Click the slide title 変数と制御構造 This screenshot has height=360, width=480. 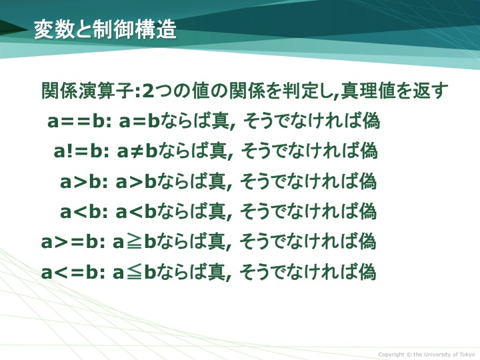pos(105,30)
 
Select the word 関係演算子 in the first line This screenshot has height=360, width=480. pos(87,91)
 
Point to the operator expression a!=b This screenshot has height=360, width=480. pos(78,151)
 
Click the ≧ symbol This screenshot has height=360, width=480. pos(134,242)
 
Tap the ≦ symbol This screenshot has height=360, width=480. pos(134,272)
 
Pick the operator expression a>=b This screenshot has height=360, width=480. pos(71,242)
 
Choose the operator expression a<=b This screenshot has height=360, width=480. pos(71,272)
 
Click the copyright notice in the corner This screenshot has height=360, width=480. pos(427,355)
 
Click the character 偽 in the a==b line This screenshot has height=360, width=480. pos(371,121)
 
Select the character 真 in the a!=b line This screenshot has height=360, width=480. pos(217,151)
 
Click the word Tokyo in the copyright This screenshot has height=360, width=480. pos(467,355)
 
